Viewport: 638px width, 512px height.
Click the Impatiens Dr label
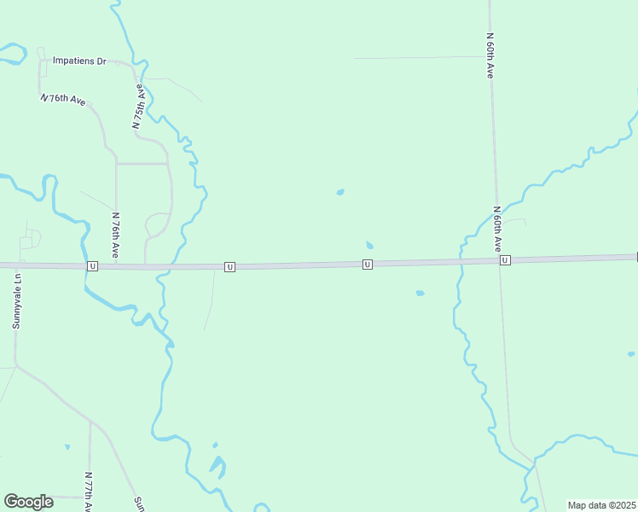[78, 61]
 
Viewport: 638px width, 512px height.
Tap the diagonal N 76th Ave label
[64, 100]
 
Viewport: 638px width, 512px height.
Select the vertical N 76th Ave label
[114, 236]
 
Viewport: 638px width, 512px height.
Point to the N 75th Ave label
[138, 106]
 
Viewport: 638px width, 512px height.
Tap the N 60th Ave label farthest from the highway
[490, 55]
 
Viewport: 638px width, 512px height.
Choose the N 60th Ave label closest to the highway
[496, 228]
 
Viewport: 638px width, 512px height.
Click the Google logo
[28, 502]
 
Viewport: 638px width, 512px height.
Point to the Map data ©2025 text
[601, 505]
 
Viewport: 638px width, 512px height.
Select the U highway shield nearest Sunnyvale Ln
[92, 266]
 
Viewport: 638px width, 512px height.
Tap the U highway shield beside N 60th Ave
[505, 260]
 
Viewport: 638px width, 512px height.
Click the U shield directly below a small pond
[367, 265]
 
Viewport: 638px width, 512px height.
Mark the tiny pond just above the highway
[369, 246]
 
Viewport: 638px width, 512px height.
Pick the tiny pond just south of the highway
[420, 294]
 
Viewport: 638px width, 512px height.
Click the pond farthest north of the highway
[340, 192]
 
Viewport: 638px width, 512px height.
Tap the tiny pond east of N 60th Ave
[631, 353]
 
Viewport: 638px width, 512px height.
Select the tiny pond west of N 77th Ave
[67, 446]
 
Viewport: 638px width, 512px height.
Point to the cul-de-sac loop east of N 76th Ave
[158, 224]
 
